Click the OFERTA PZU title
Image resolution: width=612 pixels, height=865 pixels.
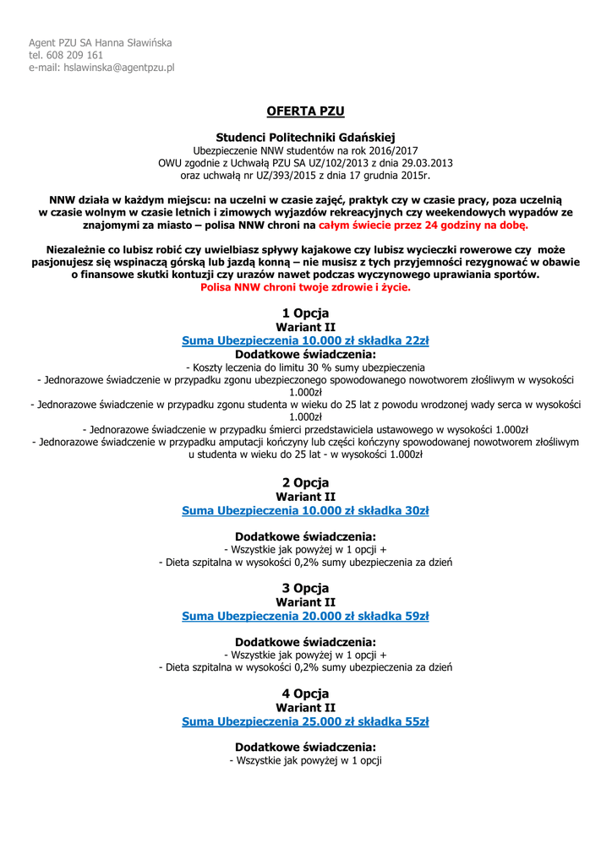pyautogui.click(x=305, y=111)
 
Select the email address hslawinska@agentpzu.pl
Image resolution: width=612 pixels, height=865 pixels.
pyautogui.click(x=118, y=68)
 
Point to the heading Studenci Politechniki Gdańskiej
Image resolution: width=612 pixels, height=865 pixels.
pyautogui.click(x=305, y=137)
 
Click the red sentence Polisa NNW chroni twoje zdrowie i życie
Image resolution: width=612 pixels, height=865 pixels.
pyautogui.click(x=305, y=287)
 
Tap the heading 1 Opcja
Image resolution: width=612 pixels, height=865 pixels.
pyautogui.click(x=305, y=313)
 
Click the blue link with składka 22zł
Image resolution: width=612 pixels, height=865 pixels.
pyautogui.click(x=305, y=340)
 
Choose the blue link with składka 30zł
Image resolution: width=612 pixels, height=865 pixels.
pyautogui.click(x=305, y=510)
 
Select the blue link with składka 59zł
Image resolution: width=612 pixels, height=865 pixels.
pyautogui.click(x=305, y=616)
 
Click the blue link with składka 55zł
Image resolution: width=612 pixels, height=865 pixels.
pyautogui.click(x=305, y=721)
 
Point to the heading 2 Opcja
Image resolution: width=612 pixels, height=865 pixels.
pyautogui.click(x=305, y=483)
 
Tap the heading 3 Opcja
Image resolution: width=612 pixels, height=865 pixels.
pyautogui.click(x=305, y=588)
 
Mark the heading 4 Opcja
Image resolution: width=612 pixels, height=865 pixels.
pyautogui.click(x=305, y=694)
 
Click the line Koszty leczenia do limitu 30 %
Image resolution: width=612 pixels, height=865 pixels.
pyautogui.click(x=305, y=367)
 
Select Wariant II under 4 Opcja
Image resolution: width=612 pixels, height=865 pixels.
pyautogui.click(x=305, y=708)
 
